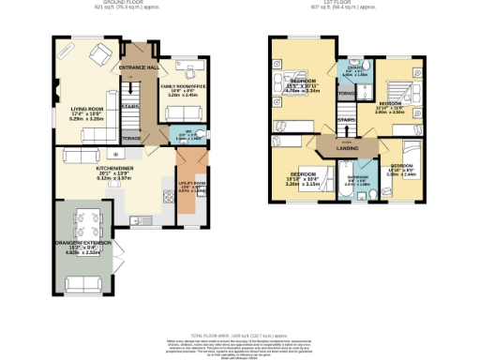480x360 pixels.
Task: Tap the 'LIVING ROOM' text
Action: pos(88,110)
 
